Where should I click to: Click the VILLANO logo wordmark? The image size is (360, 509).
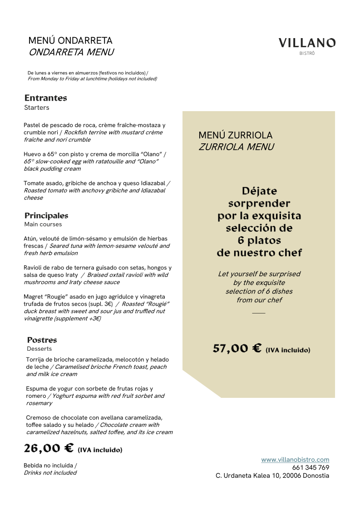click(307, 43)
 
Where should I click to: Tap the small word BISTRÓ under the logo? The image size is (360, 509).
click(307, 54)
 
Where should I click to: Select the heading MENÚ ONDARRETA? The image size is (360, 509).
click(70, 41)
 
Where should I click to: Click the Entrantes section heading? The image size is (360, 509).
click(46, 98)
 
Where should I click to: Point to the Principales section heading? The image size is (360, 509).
click(46, 215)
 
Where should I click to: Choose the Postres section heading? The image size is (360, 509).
click(42, 340)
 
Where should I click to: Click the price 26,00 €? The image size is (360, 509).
click(49, 448)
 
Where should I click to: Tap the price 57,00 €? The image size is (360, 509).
click(237, 348)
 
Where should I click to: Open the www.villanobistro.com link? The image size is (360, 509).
click(295, 460)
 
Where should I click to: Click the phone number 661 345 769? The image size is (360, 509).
click(311, 468)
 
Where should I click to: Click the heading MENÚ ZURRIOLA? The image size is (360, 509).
click(236, 135)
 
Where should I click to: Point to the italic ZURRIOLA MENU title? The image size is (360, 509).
click(236, 147)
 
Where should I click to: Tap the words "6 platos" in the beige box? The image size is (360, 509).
click(259, 240)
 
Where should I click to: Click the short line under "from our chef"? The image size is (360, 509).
click(258, 313)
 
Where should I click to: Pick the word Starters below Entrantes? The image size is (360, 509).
click(37, 108)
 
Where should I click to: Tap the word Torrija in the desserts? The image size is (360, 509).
click(36, 359)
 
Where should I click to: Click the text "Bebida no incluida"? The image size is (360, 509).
click(50, 465)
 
